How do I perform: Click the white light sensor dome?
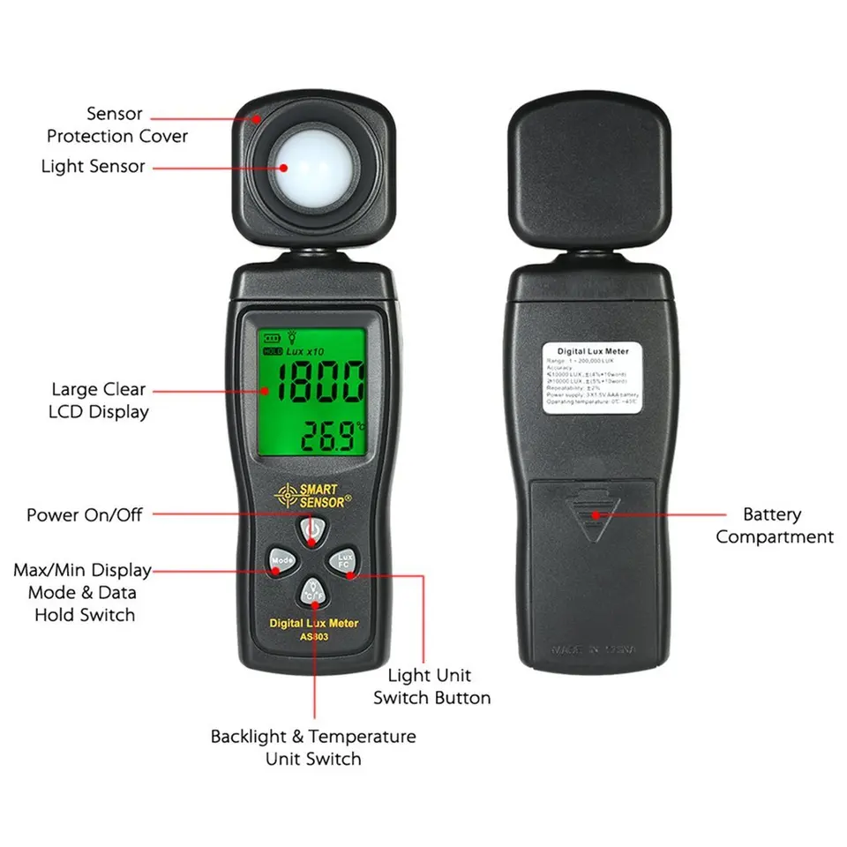[x=311, y=166]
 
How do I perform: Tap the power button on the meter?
[x=312, y=531]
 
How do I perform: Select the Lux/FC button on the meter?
[x=343, y=560]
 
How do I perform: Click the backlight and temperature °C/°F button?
[x=313, y=593]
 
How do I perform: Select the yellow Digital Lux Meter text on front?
[x=313, y=624]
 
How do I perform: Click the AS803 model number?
[x=313, y=638]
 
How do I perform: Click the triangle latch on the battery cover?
[x=593, y=521]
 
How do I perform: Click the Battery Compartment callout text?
[x=774, y=526]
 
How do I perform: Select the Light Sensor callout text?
[x=93, y=166]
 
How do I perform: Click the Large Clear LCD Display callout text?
[x=100, y=400]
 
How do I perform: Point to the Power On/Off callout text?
[x=84, y=513]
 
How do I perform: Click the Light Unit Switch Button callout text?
[x=431, y=686]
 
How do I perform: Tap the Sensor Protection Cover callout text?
[x=117, y=124]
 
